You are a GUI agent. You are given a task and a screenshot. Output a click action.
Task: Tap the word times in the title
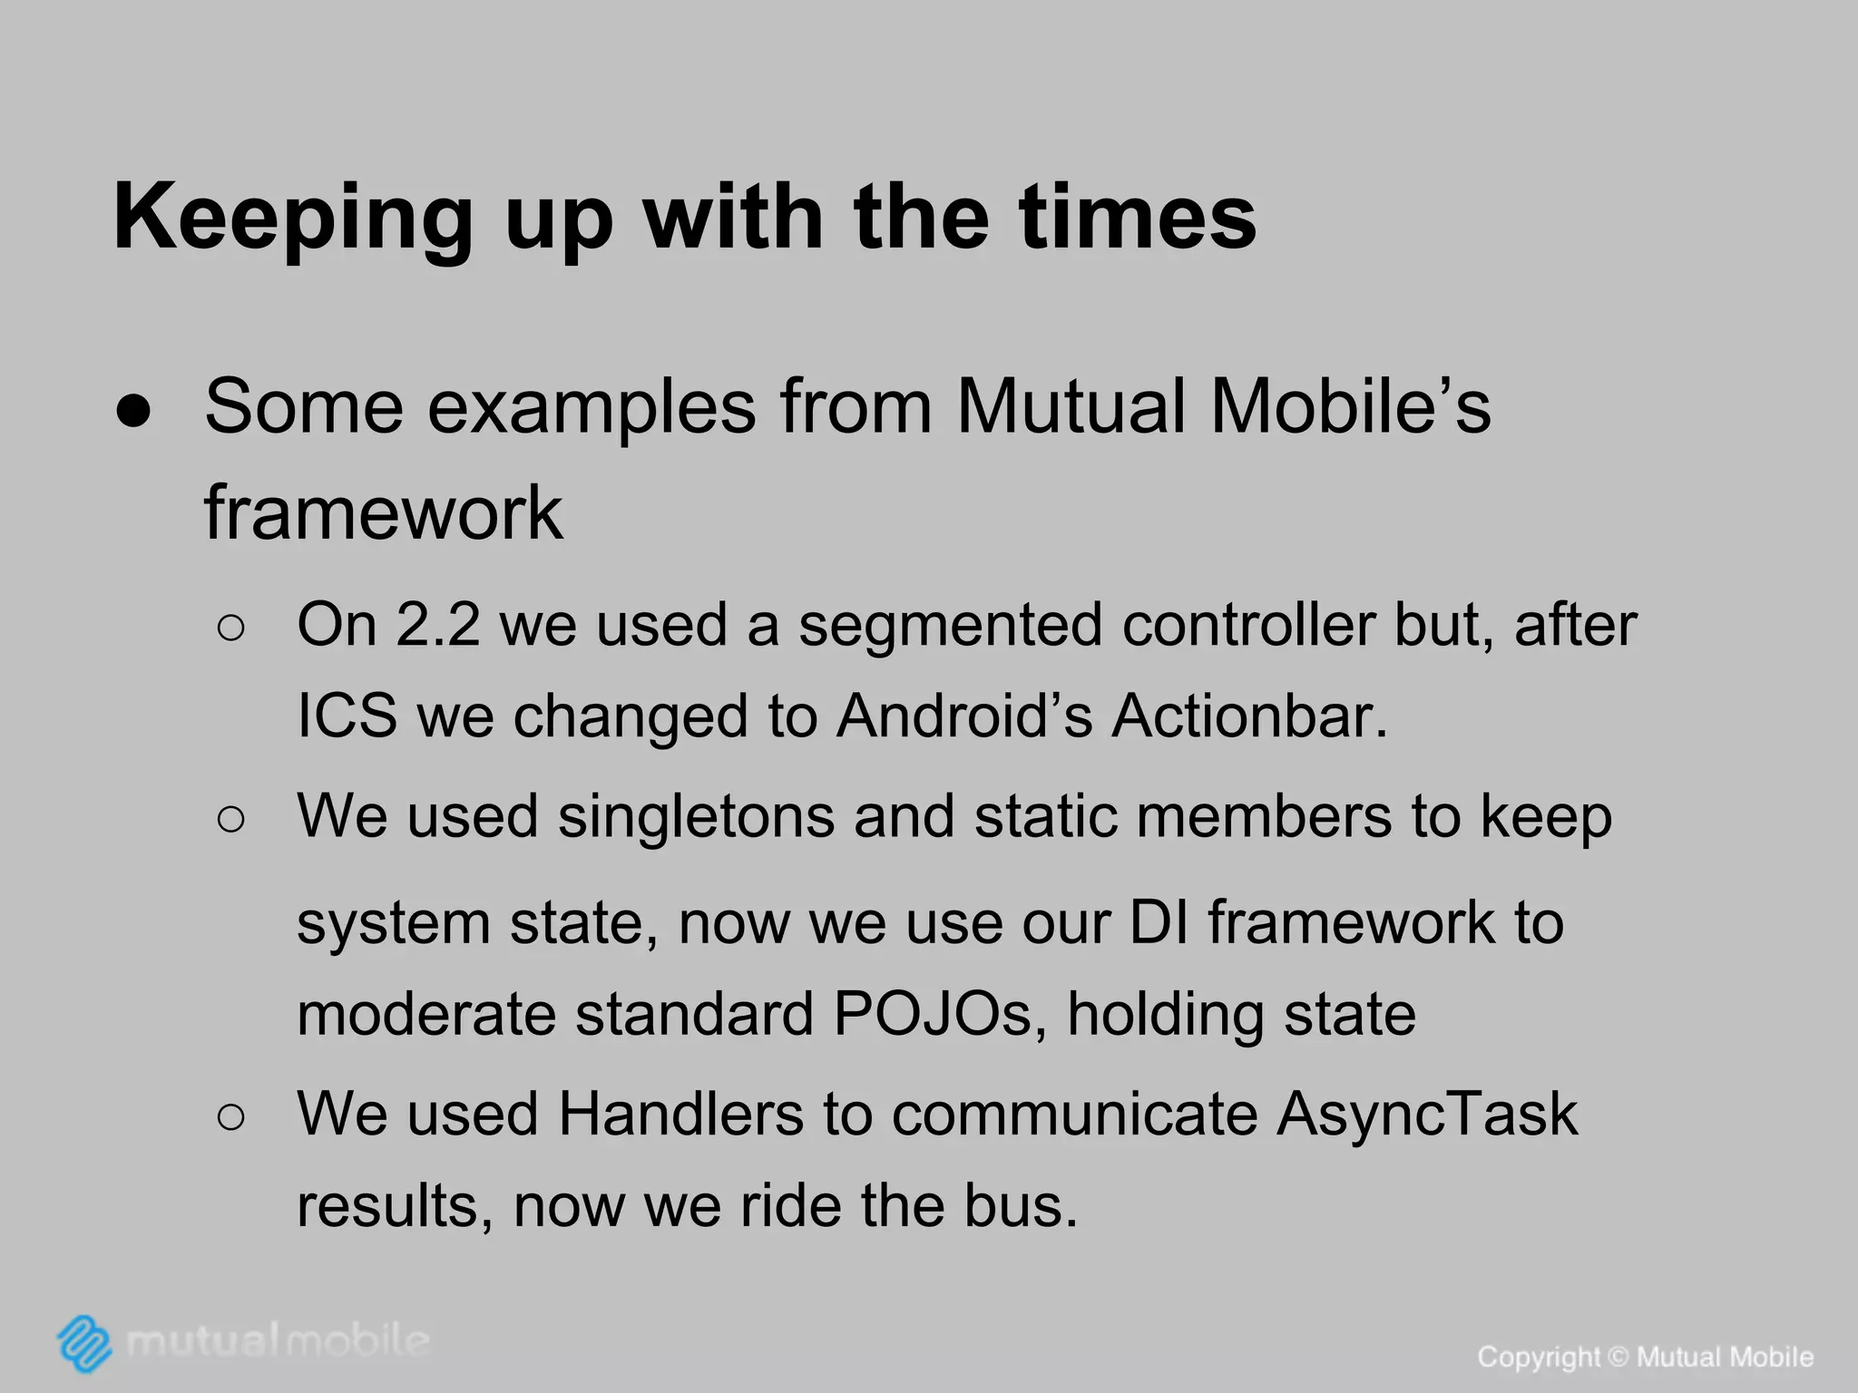pyautogui.click(x=1138, y=218)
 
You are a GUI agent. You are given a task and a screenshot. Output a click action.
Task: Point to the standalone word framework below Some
pyautogui.click(x=383, y=513)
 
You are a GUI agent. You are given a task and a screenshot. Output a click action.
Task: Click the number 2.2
pyautogui.click(x=437, y=625)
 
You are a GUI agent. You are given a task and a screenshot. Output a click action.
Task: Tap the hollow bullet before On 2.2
pyautogui.click(x=231, y=628)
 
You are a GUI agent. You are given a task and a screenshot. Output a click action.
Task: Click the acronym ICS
pyautogui.click(x=347, y=716)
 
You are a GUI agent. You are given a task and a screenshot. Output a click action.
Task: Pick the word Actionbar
pyautogui.click(x=1249, y=716)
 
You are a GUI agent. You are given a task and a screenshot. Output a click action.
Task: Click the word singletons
pyautogui.click(x=695, y=815)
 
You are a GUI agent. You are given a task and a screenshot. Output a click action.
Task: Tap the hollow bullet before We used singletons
pyautogui.click(x=231, y=820)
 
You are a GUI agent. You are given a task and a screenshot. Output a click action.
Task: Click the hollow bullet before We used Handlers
pyautogui.click(x=231, y=1117)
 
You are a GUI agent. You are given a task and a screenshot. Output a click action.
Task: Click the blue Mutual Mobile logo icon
pyautogui.click(x=84, y=1342)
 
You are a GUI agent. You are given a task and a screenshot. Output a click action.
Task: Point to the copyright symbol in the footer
pyautogui.click(x=1618, y=1358)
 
